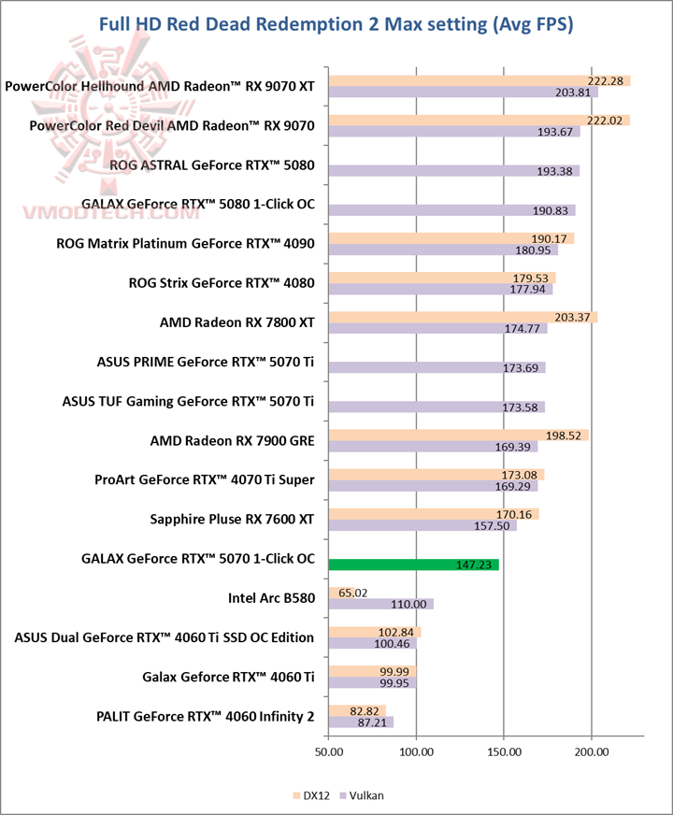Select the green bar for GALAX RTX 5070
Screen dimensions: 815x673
pyautogui.click(x=413, y=565)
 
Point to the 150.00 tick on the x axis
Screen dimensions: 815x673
pyautogui.click(x=503, y=751)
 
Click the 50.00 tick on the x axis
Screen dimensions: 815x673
pyautogui.click(x=328, y=751)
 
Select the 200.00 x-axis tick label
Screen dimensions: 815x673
pyautogui.click(x=591, y=751)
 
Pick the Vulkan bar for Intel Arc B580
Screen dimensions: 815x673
pyautogui.click(x=380, y=604)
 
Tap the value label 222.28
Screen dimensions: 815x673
pyautogui.click(x=607, y=81)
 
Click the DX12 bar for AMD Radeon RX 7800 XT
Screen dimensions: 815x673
pyautogui.click(x=463, y=318)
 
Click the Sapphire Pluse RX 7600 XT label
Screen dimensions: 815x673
pyautogui.click(x=232, y=518)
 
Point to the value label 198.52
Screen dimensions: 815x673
pyautogui.click(x=566, y=436)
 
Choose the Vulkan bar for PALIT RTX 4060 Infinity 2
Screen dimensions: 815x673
pyautogui.click(x=360, y=722)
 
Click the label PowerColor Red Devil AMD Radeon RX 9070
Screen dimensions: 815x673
pyautogui.click(x=172, y=125)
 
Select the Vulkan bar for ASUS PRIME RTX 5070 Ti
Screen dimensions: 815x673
pyautogui.click(x=436, y=367)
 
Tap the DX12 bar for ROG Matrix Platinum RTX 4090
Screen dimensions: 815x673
pyautogui.click(x=451, y=238)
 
